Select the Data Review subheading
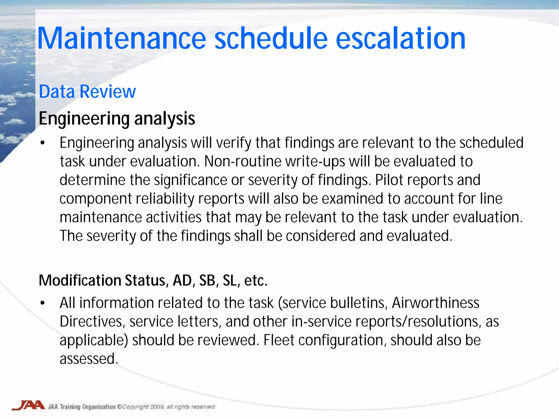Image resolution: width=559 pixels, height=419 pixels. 87,91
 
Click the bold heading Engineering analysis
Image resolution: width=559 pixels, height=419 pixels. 117,119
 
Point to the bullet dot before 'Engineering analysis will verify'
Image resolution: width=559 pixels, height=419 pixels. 42,143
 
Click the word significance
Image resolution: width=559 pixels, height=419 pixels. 190,180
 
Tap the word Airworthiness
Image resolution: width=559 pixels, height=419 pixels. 435,303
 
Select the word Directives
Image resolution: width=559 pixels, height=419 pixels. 90,321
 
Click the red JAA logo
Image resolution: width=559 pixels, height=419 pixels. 28,405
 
